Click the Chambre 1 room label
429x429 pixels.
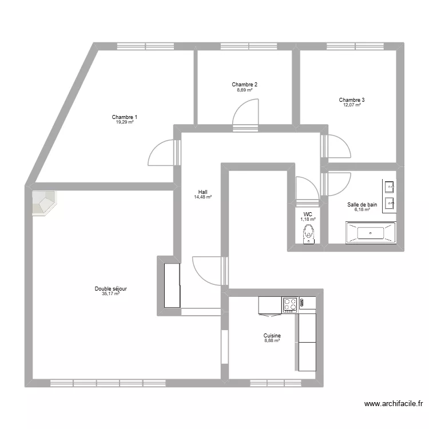click(x=124, y=117)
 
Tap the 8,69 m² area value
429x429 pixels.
click(x=244, y=90)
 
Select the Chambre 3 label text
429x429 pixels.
click(x=351, y=100)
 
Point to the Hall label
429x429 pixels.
click(x=202, y=192)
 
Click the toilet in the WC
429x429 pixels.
click(x=309, y=234)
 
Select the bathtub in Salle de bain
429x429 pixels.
click(x=370, y=232)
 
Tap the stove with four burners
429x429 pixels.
click(x=290, y=305)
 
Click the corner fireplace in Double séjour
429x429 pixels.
click(x=43, y=203)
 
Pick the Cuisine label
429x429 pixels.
click(x=272, y=336)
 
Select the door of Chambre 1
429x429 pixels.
click(x=162, y=153)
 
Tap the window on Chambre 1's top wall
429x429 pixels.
click(x=145, y=46)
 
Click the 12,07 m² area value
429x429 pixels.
click(x=351, y=105)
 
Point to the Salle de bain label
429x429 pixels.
click(x=362, y=204)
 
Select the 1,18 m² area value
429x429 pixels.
click(x=309, y=219)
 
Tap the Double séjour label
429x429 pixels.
click(x=110, y=289)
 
